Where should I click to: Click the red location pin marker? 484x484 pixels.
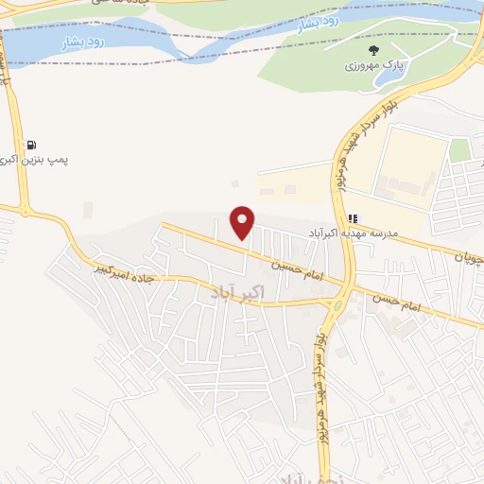pyautogui.click(x=243, y=222)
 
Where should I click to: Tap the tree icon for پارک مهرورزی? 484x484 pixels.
pyautogui.click(x=374, y=51)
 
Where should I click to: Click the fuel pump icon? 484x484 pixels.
pyautogui.click(x=32, y=146)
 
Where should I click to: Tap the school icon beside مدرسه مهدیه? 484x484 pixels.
pyautogui.click(x=353, y=218)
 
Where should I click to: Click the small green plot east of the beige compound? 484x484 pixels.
pyautogui.click(x=459, y=149)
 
